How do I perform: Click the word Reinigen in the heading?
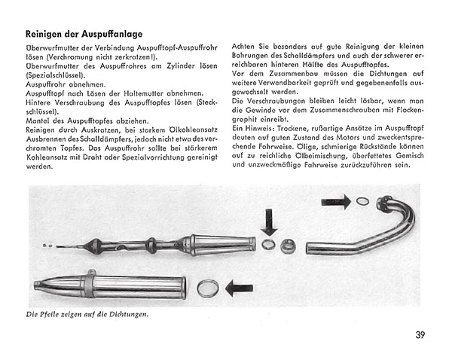click(47, 34)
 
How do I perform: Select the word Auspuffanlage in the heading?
click(111, 34)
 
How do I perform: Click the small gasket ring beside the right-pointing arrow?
click(362, 201)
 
